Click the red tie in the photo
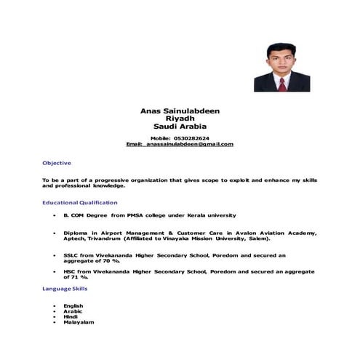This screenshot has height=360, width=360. point(281,84)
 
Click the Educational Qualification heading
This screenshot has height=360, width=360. point(79,202)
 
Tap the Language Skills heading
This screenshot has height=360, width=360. point(65,289)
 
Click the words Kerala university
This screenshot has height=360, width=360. point(213,215)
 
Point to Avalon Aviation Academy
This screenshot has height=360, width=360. point(276,233)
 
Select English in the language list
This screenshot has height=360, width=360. point(73,305)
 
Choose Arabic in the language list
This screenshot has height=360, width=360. point(73,311)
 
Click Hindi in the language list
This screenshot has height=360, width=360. point(71,316)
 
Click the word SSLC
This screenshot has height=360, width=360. point(71,255)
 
